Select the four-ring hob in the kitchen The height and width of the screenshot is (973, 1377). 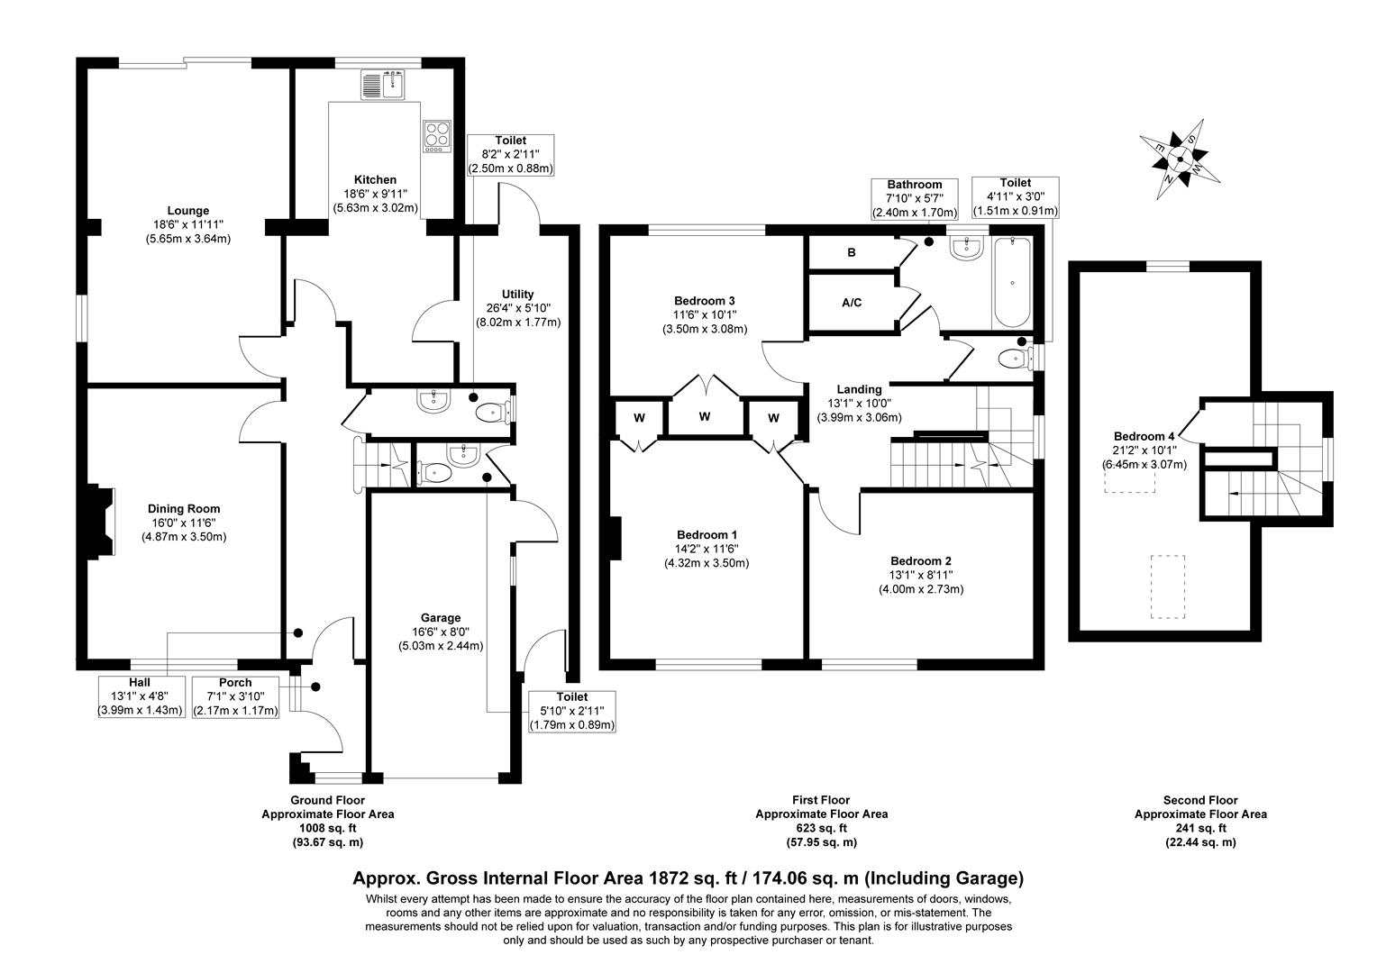click(x=437, y=136)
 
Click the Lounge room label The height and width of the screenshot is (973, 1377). click(x=187, y=211)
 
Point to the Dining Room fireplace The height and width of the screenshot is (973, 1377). click(x=100, y=522)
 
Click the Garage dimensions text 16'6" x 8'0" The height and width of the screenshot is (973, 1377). click(x=441, y=632)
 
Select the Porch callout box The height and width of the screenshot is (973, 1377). click(x=235, y=696)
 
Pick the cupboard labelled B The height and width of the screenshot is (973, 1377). click(x=851, y=253)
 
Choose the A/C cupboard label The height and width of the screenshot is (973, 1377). click(x=851, y=303)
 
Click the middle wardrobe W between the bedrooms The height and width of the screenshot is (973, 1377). click(x=705, y=416)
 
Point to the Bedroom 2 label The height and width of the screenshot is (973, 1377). click(x=921, y=559)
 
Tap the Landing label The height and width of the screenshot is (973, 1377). click(x=859, y=389)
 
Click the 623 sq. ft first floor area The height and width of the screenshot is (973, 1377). click(x=820, y=828)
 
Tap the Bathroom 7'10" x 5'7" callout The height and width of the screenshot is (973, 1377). click(x=915, y=198)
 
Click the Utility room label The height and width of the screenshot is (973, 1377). click(x=517, y=294)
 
